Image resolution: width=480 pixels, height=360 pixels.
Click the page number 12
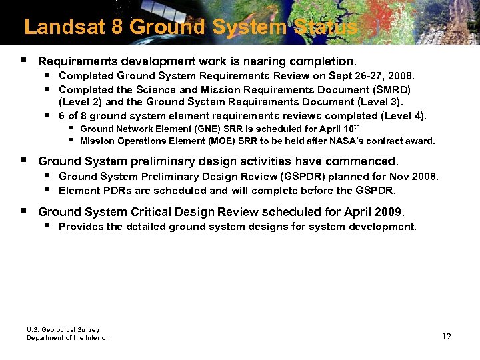tap(446, 336)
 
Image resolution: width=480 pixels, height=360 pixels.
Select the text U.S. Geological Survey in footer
tap(63, 329)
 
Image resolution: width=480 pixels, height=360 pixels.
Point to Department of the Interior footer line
tap(67, 338)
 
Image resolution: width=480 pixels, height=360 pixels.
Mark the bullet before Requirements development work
tap(23, 59)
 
